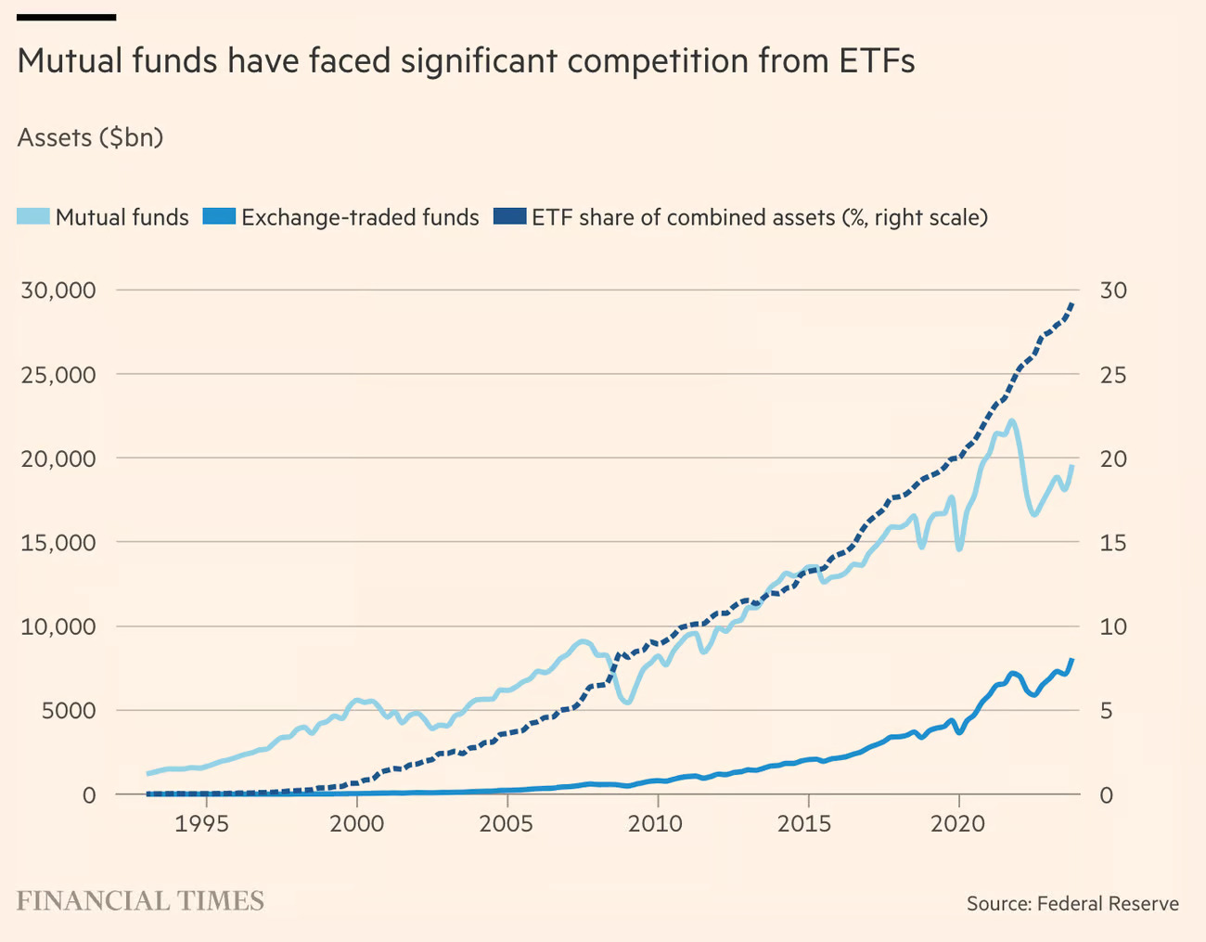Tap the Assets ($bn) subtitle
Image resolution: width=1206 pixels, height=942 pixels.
pyautogui.click(x=90, y=138)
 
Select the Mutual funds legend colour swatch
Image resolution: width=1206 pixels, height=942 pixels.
pyautogui.click(x=34, y=217)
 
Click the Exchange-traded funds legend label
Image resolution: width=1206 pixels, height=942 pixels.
pyautogui.click(x=360, y=217)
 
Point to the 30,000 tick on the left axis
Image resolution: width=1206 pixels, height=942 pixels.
pyautogui.click(x=58, y=290)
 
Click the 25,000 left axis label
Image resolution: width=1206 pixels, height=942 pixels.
pyautogui.click(x=58, y=375)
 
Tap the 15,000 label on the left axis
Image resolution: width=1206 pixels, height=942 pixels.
pyautogui.click(x=58, y=543)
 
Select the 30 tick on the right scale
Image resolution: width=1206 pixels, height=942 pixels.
pyautogui.click(x=1113, y=290)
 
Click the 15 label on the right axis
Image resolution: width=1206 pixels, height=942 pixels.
pyautogui.click(x=1113, y=543)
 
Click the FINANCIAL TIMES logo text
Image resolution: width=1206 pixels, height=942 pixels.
pyautogui.click(x=140, y=901)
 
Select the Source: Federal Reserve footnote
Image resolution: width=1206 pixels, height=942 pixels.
pyautogui.click(x=1072, y=904)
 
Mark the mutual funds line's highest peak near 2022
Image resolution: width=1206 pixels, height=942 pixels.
pyautogui.click(x=1011, y=420)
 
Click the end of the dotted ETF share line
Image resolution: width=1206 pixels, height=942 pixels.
pyautogui.click(x=1072, y=303)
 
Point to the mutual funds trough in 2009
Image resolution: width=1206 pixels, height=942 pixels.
pyautogui.click(x=627, y=702)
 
